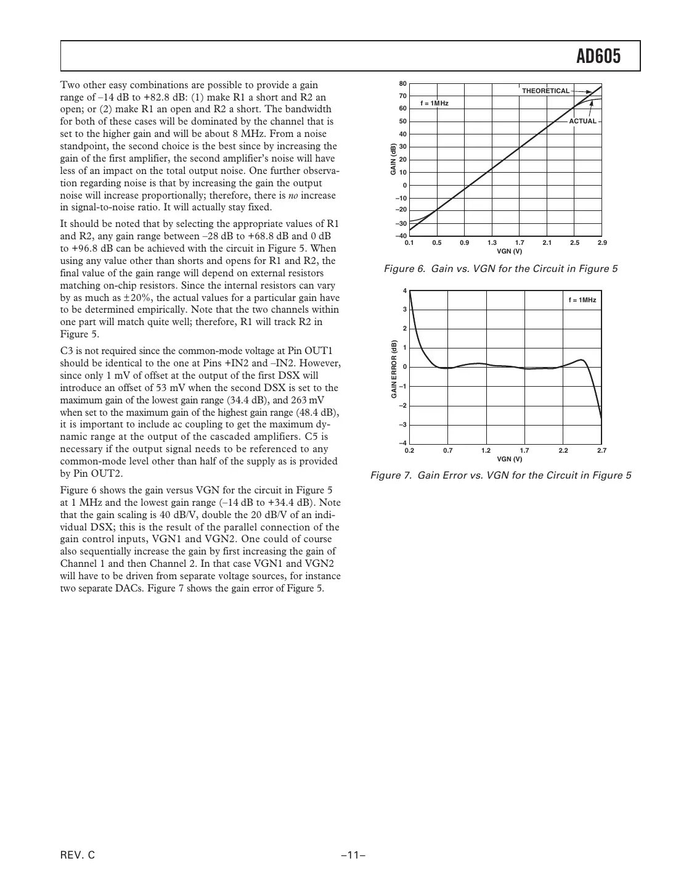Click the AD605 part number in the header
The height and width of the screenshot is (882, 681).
click(x=598, y=57)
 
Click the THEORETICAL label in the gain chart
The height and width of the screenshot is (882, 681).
click(x=545, y=91)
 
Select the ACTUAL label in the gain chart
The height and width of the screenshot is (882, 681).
click(x=582, y=121)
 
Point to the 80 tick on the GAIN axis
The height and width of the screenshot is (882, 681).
click(x=402, y=83)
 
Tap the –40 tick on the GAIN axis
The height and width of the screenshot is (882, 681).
click(x=401, y=236)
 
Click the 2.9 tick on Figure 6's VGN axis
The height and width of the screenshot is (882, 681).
click(x=602, y=243)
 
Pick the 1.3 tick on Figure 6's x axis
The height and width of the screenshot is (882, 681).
click(x=492, y=243)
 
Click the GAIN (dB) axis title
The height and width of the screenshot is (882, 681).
click(x=393, y=159)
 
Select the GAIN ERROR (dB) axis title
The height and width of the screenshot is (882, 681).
click(x=393, y=369)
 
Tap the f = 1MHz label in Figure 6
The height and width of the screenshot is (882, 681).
click(x=434, y=103)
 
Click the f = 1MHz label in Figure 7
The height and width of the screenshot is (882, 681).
click(x=582, y=300)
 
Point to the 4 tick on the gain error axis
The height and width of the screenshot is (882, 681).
click(x=404, y=291)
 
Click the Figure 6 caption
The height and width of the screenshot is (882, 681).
click(x=500, y=269)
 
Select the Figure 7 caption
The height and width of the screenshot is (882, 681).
click(x=500, y=476)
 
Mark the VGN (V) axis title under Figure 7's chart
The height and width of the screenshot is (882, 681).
click(x=509, y=459)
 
